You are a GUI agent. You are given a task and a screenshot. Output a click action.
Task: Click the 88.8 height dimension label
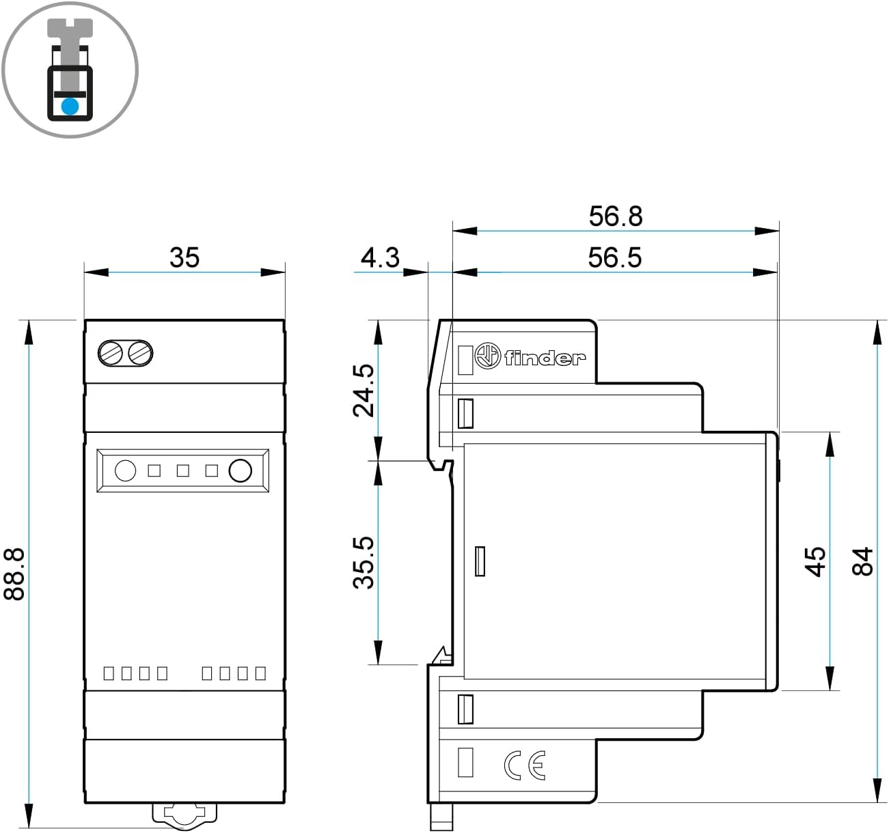[15, 573]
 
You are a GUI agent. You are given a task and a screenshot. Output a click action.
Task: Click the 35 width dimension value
[184, 257]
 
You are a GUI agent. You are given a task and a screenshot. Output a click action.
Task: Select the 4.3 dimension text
[380, 257]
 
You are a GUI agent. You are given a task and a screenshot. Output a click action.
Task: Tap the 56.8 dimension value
[616, 216]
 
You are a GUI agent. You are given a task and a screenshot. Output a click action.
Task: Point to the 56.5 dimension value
[615, 257]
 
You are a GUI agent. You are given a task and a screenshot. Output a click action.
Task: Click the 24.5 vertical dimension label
[364, 390]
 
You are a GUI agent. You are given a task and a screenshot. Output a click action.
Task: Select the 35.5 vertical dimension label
[364, 562]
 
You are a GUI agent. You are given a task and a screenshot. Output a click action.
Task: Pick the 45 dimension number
[815, 561]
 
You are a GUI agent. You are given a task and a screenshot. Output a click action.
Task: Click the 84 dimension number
[862, 561]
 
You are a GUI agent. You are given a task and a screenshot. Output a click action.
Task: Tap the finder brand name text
[545, 357]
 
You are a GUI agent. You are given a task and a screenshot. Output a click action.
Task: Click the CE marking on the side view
[525, 765]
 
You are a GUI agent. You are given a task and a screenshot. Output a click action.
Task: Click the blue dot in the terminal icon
[70, 106]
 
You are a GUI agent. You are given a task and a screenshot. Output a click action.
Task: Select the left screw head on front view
[111, 353]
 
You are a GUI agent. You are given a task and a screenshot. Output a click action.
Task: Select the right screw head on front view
[140, 353]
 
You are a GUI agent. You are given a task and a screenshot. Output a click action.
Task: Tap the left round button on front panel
[125, 470]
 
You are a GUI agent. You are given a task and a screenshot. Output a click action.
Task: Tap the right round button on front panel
[240, 470]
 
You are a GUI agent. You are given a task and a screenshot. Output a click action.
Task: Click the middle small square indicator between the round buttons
[182, 470]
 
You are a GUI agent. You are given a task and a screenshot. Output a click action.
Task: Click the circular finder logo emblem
[487, 356]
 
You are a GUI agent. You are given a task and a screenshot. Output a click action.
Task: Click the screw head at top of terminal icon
[70, 29]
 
